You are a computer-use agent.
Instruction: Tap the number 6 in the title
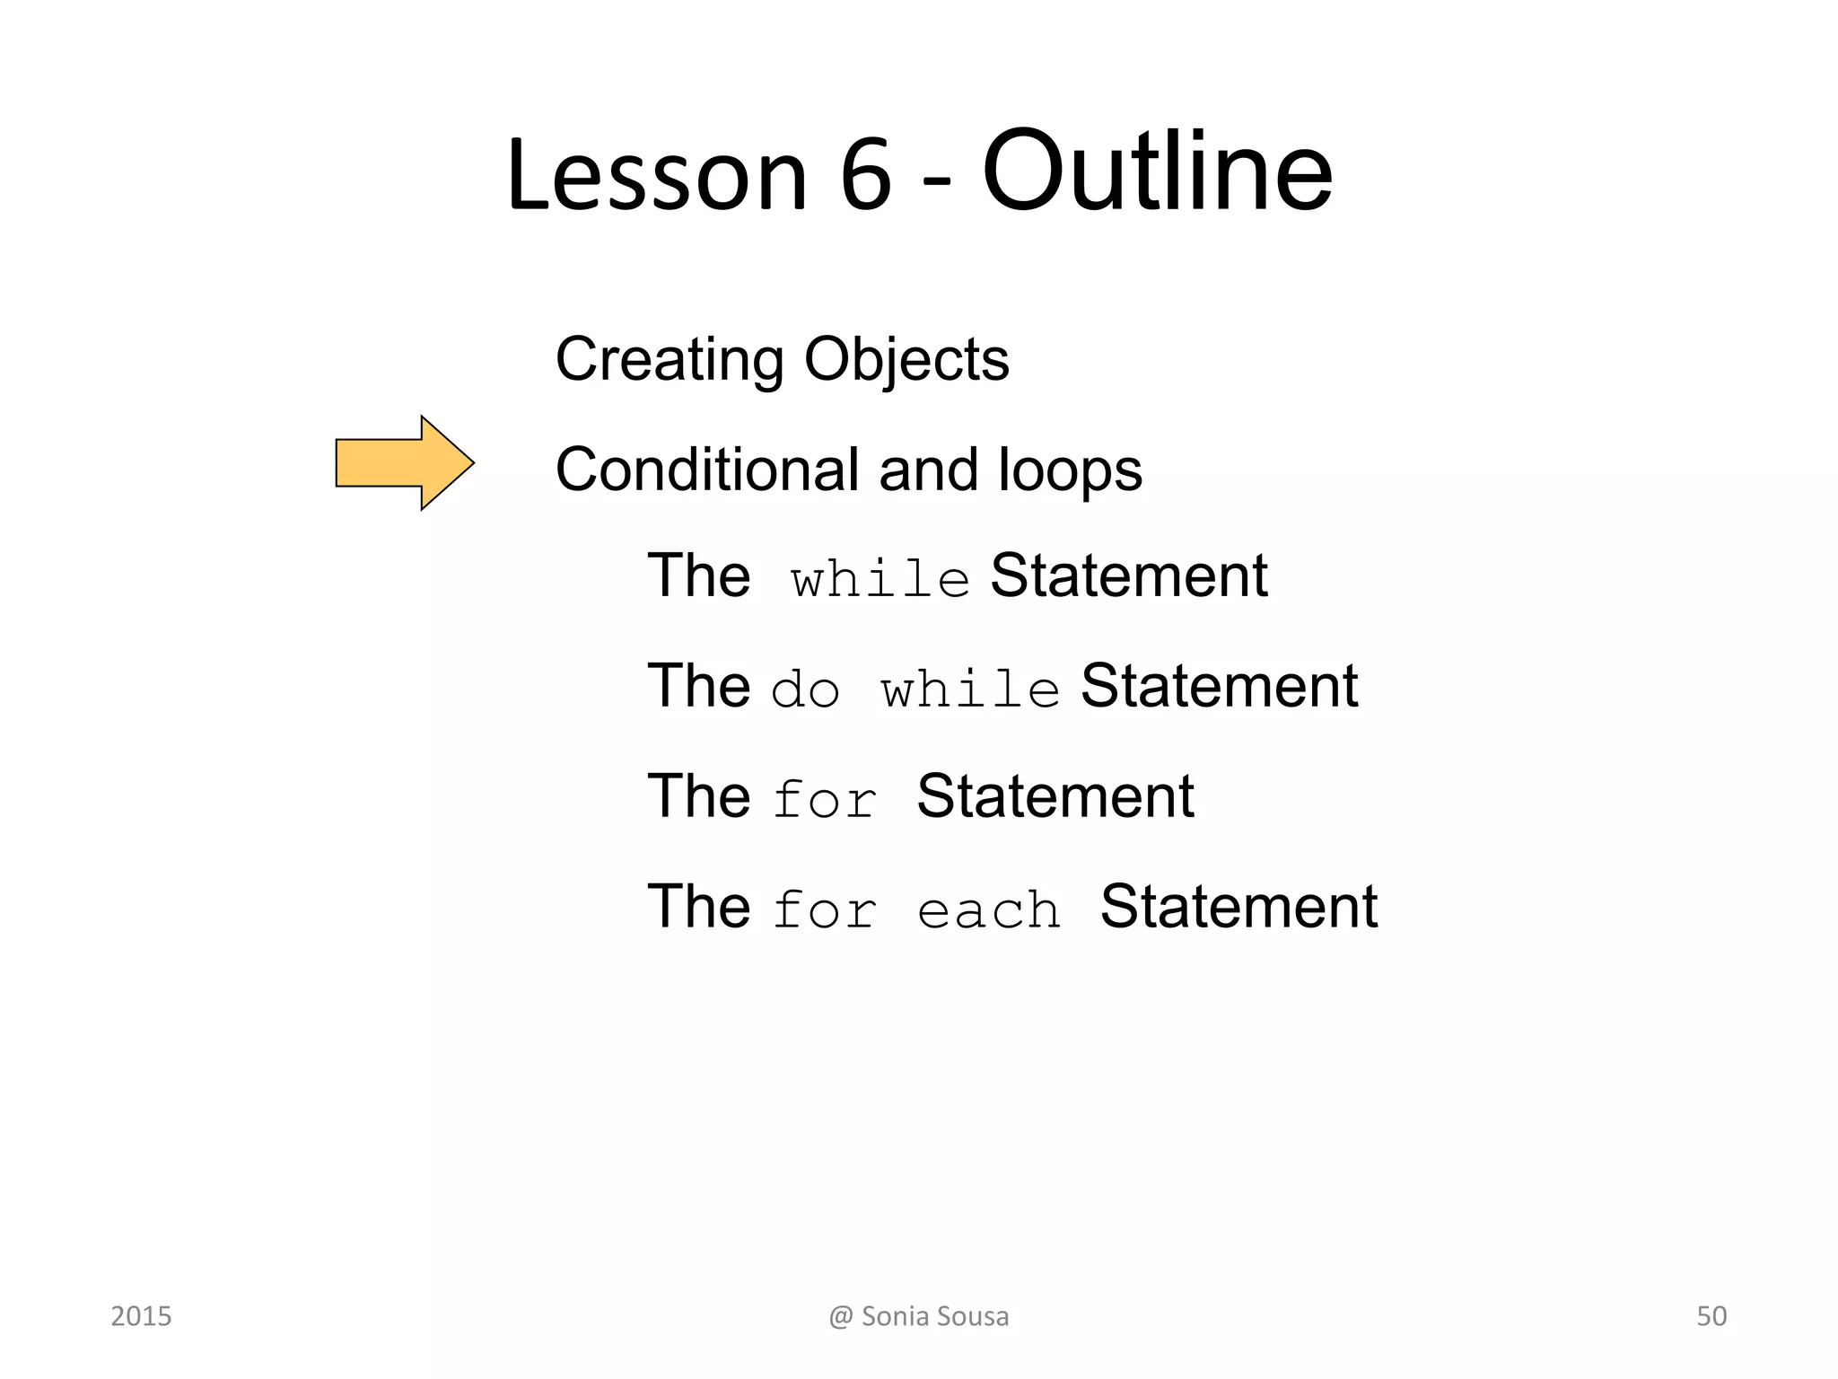click(x=866, y=174)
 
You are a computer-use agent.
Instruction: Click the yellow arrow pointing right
click(x=404, y=463)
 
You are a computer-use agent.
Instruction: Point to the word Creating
click(x=670, y=359)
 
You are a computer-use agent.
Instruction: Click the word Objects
click(x=906, y=359)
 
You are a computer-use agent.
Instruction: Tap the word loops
click(x=1070, y=470)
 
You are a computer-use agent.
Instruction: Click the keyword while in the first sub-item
click(x=880, y=579)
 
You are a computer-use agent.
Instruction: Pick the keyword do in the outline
click(x=806, y=690)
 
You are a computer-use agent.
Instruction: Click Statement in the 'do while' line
click(x=1219, y=686)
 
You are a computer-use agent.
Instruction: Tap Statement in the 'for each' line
click(x=1238, y=907)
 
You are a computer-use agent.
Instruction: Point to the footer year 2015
click(x=141, y=1316)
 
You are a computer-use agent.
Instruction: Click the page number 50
click(x=1711, y=1316)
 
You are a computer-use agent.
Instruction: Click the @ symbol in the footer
click(x=841, y=1317)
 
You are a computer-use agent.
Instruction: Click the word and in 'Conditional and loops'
click(x=928, y=470)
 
